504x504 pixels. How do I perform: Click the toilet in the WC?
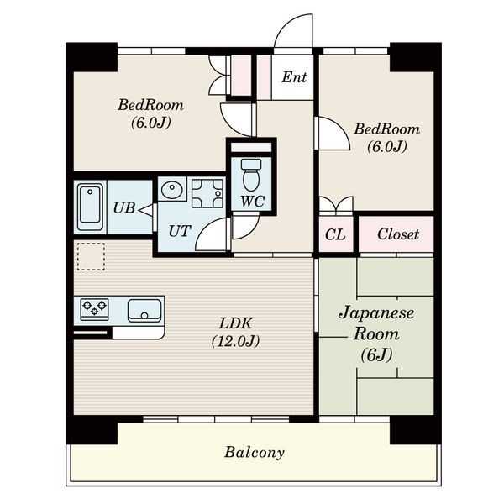252,175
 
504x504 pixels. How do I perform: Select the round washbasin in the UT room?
172,190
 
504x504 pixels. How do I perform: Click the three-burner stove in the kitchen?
94,309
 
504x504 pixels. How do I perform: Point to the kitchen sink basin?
144,311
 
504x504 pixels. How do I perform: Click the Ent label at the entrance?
294,77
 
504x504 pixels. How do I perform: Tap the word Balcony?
255,453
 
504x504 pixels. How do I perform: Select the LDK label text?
236,323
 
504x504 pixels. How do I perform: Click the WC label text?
253,202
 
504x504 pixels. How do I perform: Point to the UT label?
180,231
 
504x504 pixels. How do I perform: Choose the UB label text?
124,208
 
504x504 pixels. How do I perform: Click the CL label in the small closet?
335,234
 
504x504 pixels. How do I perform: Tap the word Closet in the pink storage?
398,234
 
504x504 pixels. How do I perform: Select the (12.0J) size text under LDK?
235,341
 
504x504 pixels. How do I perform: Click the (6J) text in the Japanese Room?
376,355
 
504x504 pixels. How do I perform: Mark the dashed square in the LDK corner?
91,256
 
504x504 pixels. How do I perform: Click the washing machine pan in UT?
207,193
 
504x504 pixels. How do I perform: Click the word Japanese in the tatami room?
376,313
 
